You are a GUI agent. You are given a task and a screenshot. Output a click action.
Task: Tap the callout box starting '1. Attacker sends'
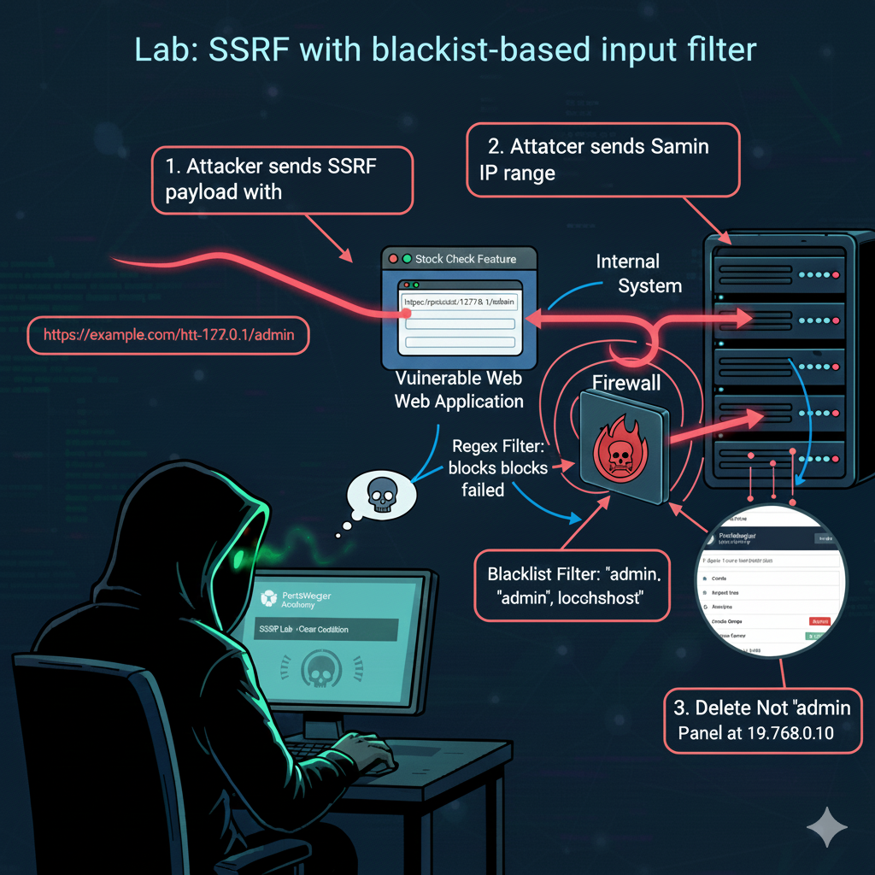[x=282, y=179]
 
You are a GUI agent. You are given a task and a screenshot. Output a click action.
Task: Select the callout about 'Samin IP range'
[x=602, y=160]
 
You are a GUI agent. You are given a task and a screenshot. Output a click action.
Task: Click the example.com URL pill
[x=168, y=335]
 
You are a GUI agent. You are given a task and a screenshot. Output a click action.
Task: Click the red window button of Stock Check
[x=393, y=259]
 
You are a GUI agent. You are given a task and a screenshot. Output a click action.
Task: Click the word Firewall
[x=627, y=383]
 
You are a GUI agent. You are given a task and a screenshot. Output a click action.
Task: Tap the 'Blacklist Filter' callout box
[x=572, y=585]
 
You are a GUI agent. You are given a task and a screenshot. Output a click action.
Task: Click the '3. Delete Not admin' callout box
[x=763, y=721]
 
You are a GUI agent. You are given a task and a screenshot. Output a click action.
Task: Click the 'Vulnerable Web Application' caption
[x=459, y=390]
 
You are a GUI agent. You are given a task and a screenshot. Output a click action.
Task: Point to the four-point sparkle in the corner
[x=827, y=826]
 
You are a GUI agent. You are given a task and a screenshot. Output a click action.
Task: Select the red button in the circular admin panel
[x=819, y=621]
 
